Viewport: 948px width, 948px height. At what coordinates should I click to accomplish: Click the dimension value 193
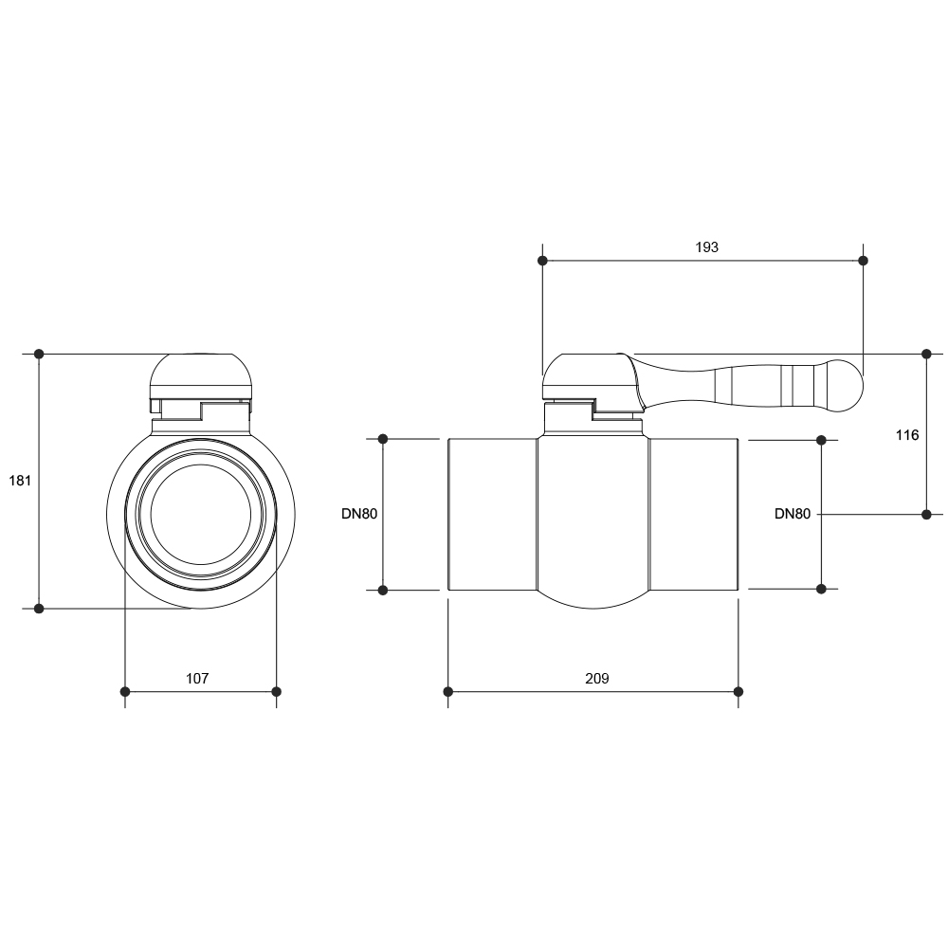(x=706, y=246)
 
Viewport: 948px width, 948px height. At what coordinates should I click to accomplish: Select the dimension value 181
(x=20, y=481)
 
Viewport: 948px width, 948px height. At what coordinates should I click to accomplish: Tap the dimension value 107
(x=197, y=679)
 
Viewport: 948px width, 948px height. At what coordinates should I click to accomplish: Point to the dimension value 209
(x=596, y=679)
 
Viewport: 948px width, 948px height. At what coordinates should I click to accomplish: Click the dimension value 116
(x=907, y=435)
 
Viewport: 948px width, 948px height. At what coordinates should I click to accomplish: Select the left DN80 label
(x=359, y=514)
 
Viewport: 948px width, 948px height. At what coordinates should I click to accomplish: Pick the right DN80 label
(x=792, y=514)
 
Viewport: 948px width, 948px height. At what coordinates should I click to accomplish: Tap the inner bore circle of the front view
(x=201, y=465)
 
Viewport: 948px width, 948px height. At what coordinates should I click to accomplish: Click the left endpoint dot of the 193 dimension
(x=542, y=261)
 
